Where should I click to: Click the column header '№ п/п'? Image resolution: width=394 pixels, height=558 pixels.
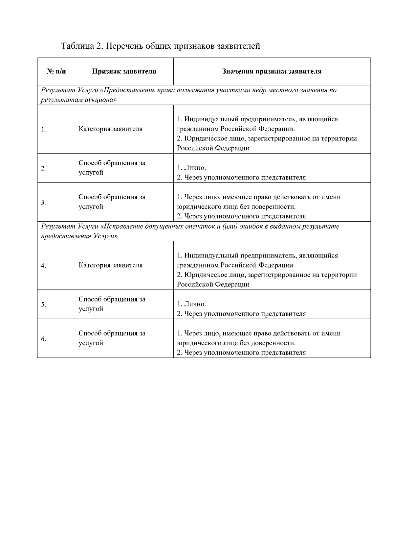pos(56,71)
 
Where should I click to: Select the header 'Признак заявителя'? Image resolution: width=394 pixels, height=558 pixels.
pos(124,71)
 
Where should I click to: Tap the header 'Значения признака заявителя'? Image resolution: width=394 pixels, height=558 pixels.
pos(272,71)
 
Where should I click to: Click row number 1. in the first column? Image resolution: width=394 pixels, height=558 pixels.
pos(43,130)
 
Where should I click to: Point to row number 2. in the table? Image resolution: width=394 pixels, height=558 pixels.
pos(43,169)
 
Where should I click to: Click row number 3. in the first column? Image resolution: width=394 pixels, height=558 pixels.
pos(43,203)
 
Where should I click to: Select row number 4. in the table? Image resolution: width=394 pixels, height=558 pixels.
pos(43,266)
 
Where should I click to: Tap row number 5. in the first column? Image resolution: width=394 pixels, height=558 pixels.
pos(43,305)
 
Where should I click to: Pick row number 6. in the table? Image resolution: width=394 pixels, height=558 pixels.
pos(43,339)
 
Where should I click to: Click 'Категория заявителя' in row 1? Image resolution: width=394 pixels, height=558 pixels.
pos(110,129)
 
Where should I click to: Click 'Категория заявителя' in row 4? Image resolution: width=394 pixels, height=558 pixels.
pos(110,265)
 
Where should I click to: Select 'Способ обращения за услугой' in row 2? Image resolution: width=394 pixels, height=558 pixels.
pos(112,168)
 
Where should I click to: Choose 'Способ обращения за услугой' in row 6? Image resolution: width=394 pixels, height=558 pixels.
pos(112,338)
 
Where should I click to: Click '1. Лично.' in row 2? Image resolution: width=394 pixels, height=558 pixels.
pos(191,168)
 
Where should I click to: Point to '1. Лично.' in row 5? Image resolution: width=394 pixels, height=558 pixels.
pos(191,304)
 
